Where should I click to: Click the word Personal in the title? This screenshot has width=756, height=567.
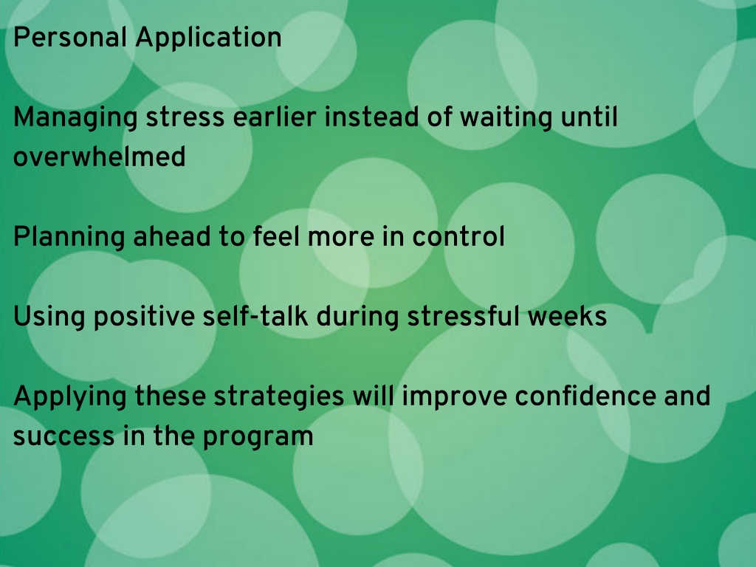(70, 37)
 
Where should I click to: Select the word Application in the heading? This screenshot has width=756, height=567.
(208, 38)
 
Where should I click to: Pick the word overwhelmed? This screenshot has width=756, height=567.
(100, 156)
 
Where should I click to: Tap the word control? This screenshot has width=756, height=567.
(458, 236)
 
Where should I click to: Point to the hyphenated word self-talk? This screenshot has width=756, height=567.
(255, 316)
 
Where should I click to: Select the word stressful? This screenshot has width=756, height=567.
(464, 316)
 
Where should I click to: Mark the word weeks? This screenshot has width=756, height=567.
(567, 316)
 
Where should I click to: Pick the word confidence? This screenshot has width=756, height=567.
(585, 396)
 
